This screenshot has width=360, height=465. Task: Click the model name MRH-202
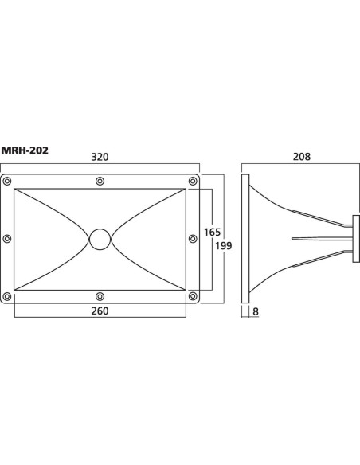(x=25, y=150)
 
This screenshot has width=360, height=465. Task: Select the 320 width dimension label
(x=100, y=157)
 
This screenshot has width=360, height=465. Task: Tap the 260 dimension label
(x=100, y=311)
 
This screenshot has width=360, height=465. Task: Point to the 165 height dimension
(x=213, y=232)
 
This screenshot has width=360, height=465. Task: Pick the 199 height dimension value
(x=224, y=246)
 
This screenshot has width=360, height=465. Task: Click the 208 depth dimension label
(x=302, y=157)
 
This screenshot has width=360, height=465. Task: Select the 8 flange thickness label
(x=256, y=311)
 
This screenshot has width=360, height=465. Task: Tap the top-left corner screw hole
(x=7, y=181)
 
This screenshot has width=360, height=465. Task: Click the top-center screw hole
(x=100, y=181)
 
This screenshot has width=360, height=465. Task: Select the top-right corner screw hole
(x=193, y=181)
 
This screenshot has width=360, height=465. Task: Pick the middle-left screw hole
(x=7, y=238)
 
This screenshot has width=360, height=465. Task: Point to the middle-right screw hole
(x=193, y=238)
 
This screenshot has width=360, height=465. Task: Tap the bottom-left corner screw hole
(x=7, y=296)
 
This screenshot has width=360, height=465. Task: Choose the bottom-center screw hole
(x=100, y=296)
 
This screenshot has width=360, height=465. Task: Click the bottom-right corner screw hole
(x=193, y=296)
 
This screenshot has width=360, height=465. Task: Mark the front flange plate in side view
(x=245, y=239)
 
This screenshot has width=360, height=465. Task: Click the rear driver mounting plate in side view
(x=356, y=239)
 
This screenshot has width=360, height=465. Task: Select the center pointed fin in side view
(x=322, y=238)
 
